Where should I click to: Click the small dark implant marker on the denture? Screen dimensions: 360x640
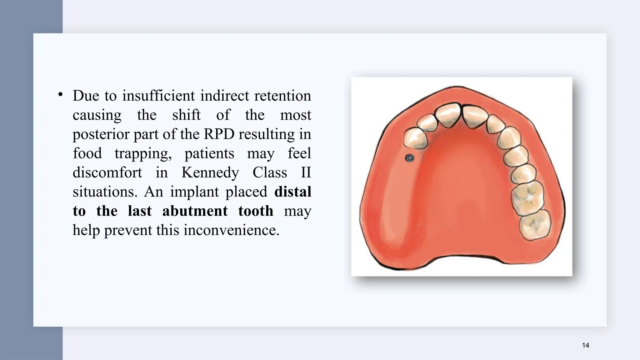[x=409, y=158]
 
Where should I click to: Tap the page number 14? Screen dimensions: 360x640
[x=586, y=345]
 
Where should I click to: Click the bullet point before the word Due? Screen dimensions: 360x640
[x=61, y=94]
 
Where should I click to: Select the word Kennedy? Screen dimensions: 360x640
[x=210, y=172]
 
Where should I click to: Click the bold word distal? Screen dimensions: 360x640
[x=292, y=192]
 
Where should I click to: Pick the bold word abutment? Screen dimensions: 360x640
[x=195, y=211]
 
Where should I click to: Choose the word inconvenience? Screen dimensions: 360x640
[x=232, y=230]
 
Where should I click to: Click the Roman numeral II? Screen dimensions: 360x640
[x=306, y=172]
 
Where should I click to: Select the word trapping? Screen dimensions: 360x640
[x=143, y=153]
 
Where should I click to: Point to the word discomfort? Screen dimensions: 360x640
[x=107, y=172]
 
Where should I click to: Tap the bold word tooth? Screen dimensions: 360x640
[x=256, y=211]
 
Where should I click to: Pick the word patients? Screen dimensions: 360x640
[x=209, y=153]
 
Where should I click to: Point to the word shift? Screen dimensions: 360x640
[x=186, y=115]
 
